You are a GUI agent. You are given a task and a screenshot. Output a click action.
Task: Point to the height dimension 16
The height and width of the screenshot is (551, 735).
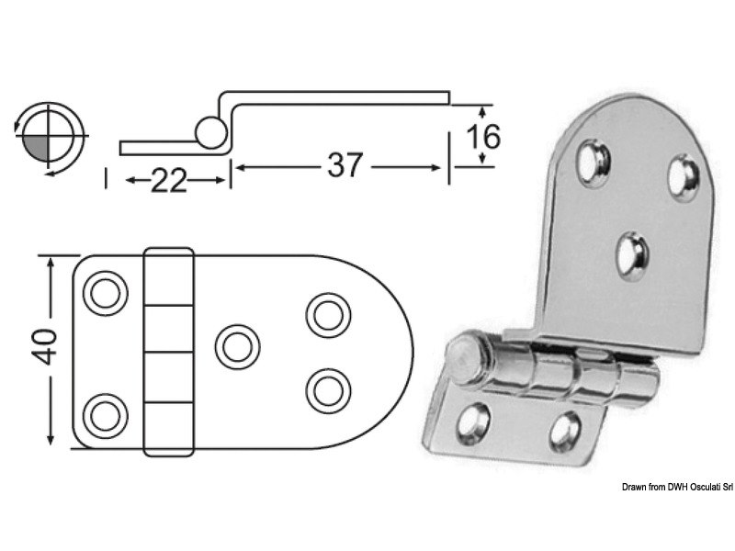point(482,136)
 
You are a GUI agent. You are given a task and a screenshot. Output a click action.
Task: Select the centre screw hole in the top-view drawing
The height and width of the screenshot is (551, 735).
point(236,345)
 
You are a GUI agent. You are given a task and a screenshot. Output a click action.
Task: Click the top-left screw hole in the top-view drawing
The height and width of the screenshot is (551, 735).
point(103,293)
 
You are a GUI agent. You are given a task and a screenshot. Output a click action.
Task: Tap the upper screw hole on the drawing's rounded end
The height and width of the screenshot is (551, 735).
point(324,314)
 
